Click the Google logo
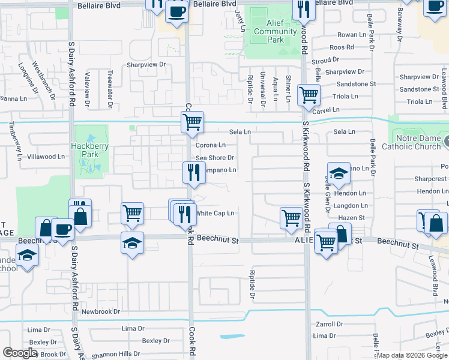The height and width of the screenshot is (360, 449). [x=20, y=353]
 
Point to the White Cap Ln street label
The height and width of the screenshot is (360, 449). [x=215, y=213]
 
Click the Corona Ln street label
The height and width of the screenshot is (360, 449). [x=211, y=145]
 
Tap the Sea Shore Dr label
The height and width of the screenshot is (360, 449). [x=214, y=157]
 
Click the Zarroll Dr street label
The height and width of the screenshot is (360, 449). [x=329, y=323]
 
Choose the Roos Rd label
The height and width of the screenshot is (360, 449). [x=342, y=47]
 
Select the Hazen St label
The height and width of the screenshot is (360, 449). [x=352, y=218]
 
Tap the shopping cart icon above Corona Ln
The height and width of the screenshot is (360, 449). [x=192, y=122]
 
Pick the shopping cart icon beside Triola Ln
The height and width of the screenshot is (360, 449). [x=309, y=94]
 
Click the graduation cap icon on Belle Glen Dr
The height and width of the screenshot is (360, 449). [x=339, y=173]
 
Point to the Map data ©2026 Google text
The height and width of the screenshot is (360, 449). [x=412, y=355]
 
